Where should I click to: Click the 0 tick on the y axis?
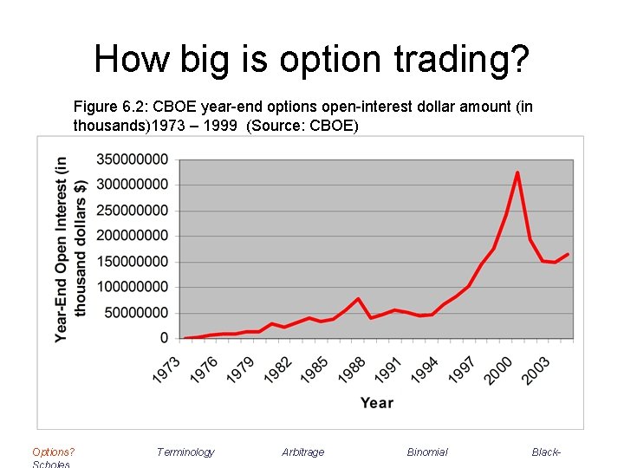tap(164, 338)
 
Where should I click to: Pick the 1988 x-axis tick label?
tap(352, 367)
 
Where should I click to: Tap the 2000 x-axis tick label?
tap(498, 367)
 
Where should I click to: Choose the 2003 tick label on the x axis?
tap(536, 367)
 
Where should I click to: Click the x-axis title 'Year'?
tap(376, 403)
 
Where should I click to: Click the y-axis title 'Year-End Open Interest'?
tap(62, 250)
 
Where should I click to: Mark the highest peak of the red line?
tap(517, 172)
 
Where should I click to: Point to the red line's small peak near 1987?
tap(358, 299)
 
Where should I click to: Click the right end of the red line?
tap(568, 254)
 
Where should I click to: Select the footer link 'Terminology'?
tap(185, 452)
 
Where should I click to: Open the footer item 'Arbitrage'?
tap(302, 452)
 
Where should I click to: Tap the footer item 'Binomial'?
tap(427, 452)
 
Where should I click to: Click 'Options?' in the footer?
tap(53, 452)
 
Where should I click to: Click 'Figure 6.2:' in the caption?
tap(107, 107)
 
